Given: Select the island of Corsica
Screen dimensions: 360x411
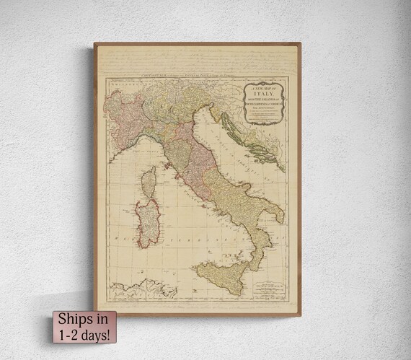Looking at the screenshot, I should (149, 183).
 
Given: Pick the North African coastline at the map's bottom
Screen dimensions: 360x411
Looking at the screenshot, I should (144, 292).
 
